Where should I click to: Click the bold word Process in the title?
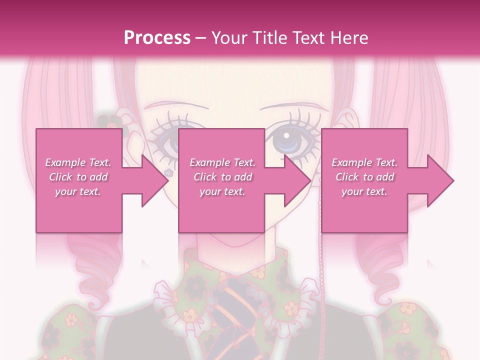click(x=157, y=37)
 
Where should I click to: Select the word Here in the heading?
click(x=349, y=37)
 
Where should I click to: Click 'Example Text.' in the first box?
click(x=78, y=162)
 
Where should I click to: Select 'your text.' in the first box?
click(x=78, y=191)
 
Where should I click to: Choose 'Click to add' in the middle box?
click(x=222, y=177)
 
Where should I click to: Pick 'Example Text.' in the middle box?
click(x=222, y=162)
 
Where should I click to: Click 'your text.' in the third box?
click(x=364, y=191)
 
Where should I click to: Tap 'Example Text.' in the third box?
click(x=364, y=162)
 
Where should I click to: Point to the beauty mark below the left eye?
click(x=169, y=172)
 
